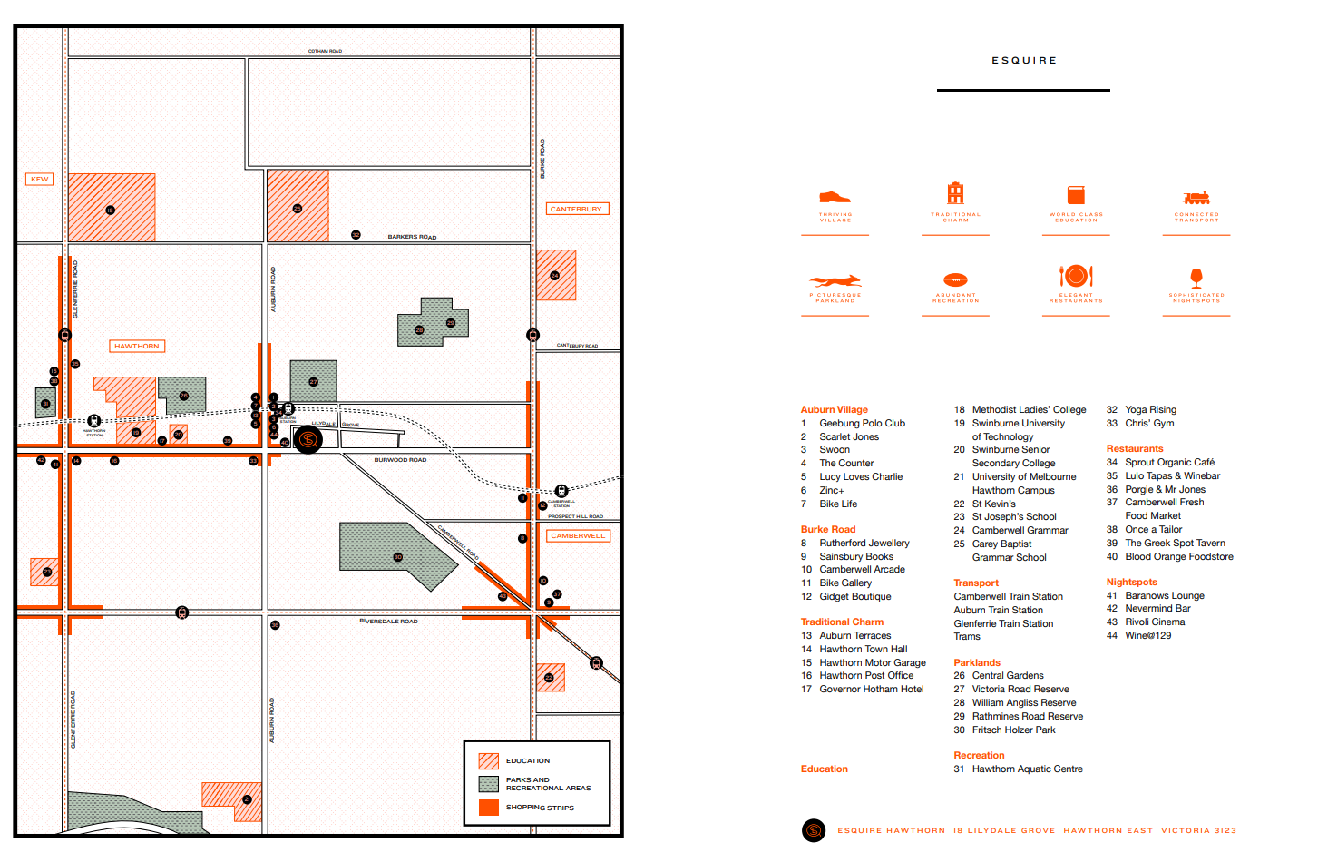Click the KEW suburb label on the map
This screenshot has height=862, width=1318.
pos(39,179)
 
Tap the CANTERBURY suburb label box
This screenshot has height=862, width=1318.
pos(576,209)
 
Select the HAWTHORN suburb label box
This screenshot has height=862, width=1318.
pos(137,346)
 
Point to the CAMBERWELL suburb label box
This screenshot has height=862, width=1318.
pos(578,535)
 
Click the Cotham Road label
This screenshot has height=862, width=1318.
pos(325,51)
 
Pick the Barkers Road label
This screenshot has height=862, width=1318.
pos(412,237)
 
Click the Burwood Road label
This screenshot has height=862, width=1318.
pos(400,460)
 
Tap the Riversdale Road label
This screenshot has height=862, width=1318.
pos(389,622)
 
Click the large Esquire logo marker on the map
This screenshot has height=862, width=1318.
pos(308,440)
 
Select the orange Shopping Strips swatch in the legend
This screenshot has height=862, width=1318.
pos(489,807)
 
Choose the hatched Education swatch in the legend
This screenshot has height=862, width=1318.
pos(489,760)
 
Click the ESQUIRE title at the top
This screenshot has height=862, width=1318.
pos(1024,61)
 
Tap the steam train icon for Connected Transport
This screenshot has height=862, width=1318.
pos(1196,198)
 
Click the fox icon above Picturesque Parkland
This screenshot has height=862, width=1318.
pos(835,280)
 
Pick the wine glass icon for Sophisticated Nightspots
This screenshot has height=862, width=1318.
pos(1196,278)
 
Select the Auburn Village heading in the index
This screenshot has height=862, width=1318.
pos(834,410)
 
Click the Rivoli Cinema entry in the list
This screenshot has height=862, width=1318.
pos(1155,622)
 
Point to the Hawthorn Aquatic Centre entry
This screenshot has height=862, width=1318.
pos(1027,769)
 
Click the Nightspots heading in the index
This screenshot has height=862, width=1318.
pos(1131,583)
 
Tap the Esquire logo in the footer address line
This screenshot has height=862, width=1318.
pos(814,830)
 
